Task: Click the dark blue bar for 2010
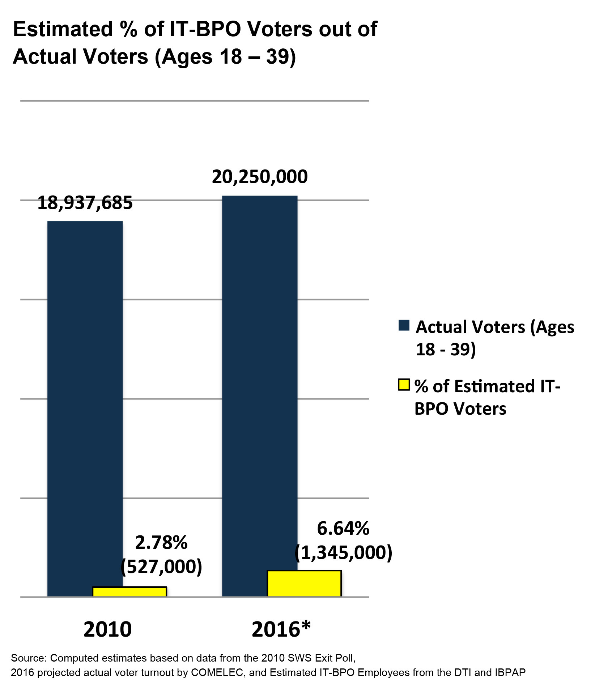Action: point(85,398)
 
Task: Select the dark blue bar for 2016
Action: point(260,380)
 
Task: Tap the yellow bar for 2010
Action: point(129,591)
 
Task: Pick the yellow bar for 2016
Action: point(304,583)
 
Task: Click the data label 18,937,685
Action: point(85,203)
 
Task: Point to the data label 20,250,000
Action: point(260,177)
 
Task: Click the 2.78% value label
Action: point(161,543)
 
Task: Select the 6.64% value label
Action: point(343,529)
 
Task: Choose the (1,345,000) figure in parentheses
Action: point(343,552)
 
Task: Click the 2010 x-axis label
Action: point(107,629)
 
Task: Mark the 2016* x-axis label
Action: point(281,629)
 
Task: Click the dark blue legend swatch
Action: point(404,325)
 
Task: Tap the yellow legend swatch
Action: point(404,385)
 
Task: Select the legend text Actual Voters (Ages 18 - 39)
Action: point(494,338)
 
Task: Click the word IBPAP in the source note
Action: point(511,672)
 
